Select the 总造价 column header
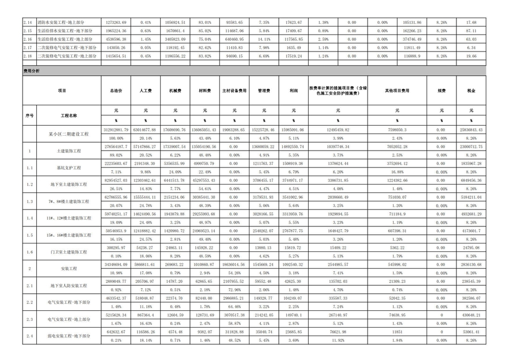(115, 91)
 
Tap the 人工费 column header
(145, 91)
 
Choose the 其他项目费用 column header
(397, 91)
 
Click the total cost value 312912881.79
(116, 130)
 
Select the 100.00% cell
(116, 138)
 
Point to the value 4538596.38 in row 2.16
(116, 39)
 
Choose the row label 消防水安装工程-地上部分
(63, 22)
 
